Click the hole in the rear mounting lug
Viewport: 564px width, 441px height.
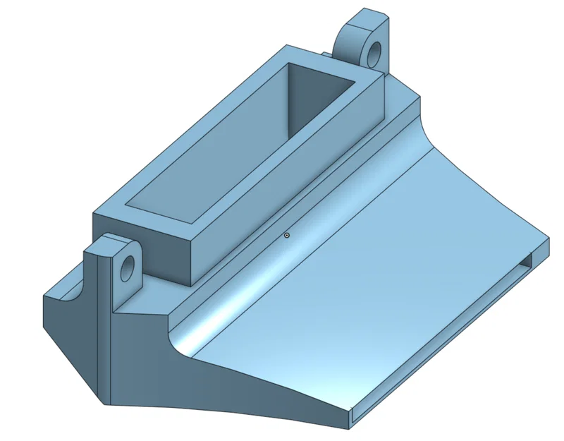[374, 52]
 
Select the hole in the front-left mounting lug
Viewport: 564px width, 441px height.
[128, 268]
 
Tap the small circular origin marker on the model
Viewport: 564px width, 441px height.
[287, 235]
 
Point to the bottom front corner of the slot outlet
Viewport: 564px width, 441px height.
[350, 425]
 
